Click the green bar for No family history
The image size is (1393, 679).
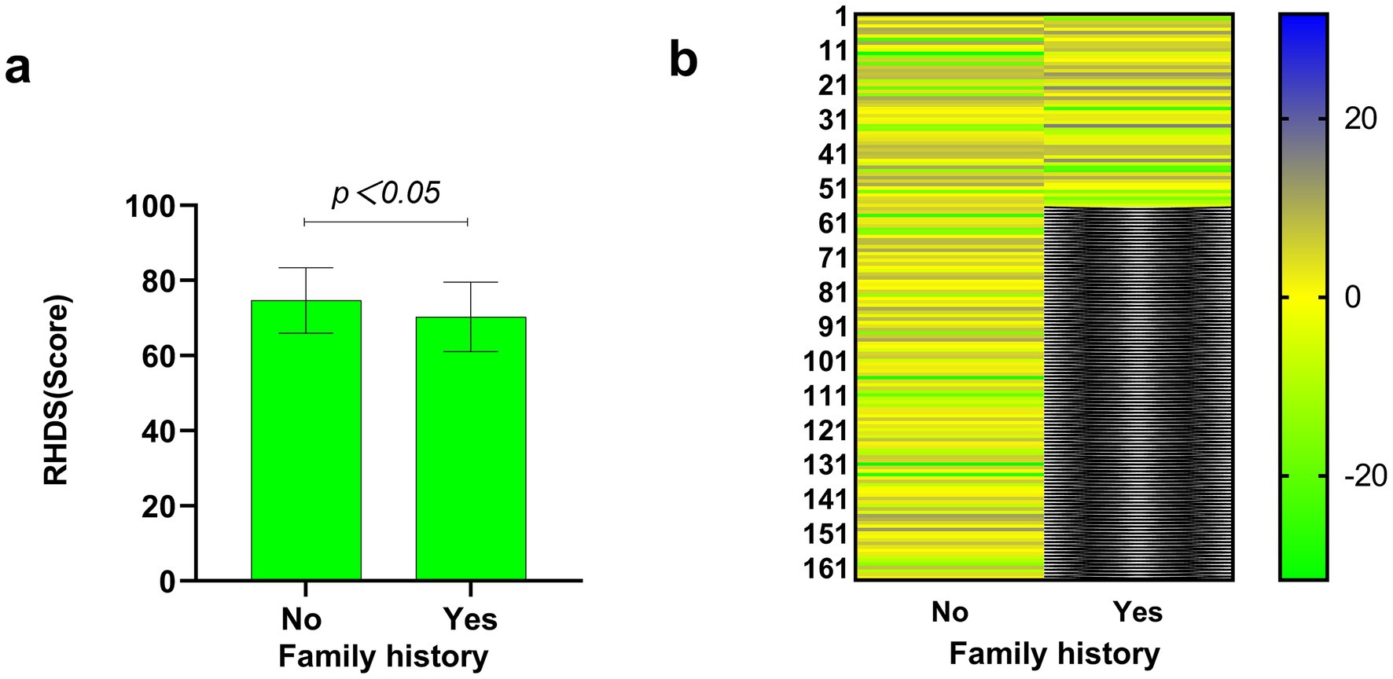click(x=306, y=440)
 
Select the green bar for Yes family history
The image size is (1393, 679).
click(x=470, y=448)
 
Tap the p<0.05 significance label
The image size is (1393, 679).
click(x=386, y=193)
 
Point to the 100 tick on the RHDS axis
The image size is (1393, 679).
click(x=160, y=207)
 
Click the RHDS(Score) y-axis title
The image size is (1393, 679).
click(x=57, y=391)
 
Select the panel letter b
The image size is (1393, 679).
click(x=682, y=60)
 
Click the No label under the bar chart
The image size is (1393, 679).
click(x=302, y=619)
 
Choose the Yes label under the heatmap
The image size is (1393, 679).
click(x=1138, y=611)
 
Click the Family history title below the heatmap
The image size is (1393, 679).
click(x=1054, y=653)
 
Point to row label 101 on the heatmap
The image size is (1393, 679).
click(x=825, y=362)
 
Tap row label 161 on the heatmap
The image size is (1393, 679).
click(x=825, y=568)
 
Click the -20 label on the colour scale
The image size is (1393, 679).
click(x=1365, y=476)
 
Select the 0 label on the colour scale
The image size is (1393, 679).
click(x=1352, y=298)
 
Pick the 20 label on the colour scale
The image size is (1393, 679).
click(x=1361, y=119)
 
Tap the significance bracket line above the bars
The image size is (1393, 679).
click(x=386, y=222)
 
